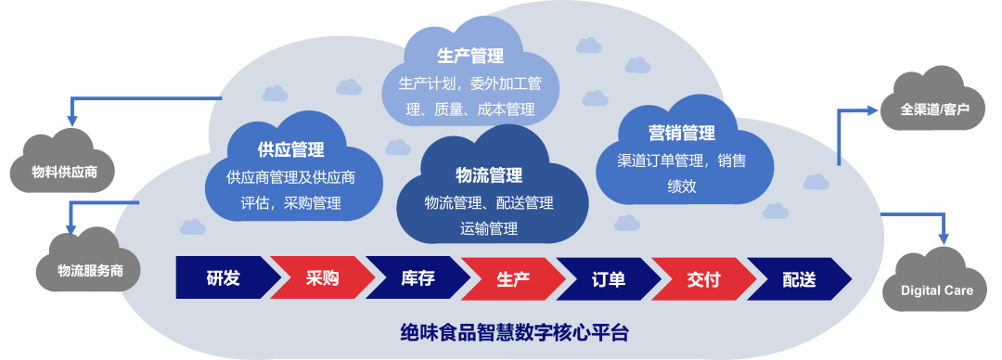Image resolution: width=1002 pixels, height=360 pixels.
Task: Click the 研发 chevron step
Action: [x=224, y=277]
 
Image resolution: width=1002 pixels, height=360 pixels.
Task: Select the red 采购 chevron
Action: [x=321, y=277]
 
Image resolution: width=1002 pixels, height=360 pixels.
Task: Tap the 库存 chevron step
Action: [x=417, y=277]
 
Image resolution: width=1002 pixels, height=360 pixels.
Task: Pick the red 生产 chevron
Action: [x=512, y=277]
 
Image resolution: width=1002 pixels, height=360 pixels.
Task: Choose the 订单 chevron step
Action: [x=609, y=277]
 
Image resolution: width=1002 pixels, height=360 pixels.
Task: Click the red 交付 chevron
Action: [x=704, y=277]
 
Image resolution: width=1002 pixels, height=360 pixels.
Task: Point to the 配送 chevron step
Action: [x=799, y=277]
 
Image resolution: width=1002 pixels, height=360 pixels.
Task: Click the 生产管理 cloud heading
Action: [x=470, y=56]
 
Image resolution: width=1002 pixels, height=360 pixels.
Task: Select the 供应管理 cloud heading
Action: [x=290, y=149]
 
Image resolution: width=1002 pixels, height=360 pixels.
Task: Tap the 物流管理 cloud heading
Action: [x=489, y=174]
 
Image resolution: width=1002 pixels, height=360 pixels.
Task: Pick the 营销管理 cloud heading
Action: [x=681, y=133]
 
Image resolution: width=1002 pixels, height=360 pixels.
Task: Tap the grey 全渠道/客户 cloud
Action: [x=935, y=109]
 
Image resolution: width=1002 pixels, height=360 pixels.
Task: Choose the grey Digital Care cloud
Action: [x=937, y=290]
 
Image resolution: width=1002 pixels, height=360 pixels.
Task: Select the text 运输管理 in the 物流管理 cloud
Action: [x=489, y=227]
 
